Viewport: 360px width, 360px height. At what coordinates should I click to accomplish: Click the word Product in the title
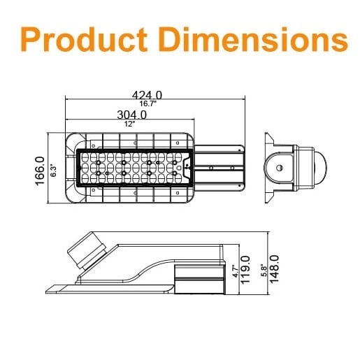[x=84, y=39]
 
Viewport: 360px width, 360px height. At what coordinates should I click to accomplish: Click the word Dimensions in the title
[x=254, y=39]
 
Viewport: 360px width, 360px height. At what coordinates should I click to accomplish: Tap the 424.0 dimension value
[x=147, y=95]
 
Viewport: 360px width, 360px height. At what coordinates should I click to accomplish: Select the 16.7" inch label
[x=148, y=103]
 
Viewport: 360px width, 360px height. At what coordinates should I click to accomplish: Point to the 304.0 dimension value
[x=132, y=115]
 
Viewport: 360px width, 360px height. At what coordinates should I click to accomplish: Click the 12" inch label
[x=129, y=124]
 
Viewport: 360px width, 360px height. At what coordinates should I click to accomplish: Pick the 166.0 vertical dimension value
[x=40, y=171]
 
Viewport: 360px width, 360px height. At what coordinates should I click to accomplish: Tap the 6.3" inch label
[x=53, y=171]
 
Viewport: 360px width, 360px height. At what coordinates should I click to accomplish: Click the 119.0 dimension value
[x=245, y=270]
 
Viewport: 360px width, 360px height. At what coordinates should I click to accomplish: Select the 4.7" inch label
[x=236, y=271]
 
